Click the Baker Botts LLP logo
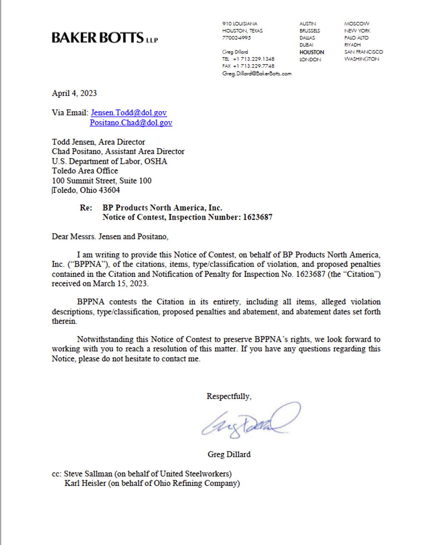[104, 38]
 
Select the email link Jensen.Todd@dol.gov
[128, 113]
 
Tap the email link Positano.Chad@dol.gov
[131, 123]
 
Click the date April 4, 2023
[74, 93]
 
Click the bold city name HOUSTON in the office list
[312, 52]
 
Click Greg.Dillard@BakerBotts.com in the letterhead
[257, 73]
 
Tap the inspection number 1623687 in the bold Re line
[257, 217]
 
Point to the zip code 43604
[109, 190]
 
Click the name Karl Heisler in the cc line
[85, 483]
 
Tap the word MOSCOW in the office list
[357, 24]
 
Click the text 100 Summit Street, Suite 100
[101, 181]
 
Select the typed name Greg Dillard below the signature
[229, 454]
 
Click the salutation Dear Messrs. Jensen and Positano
[110, 236]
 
